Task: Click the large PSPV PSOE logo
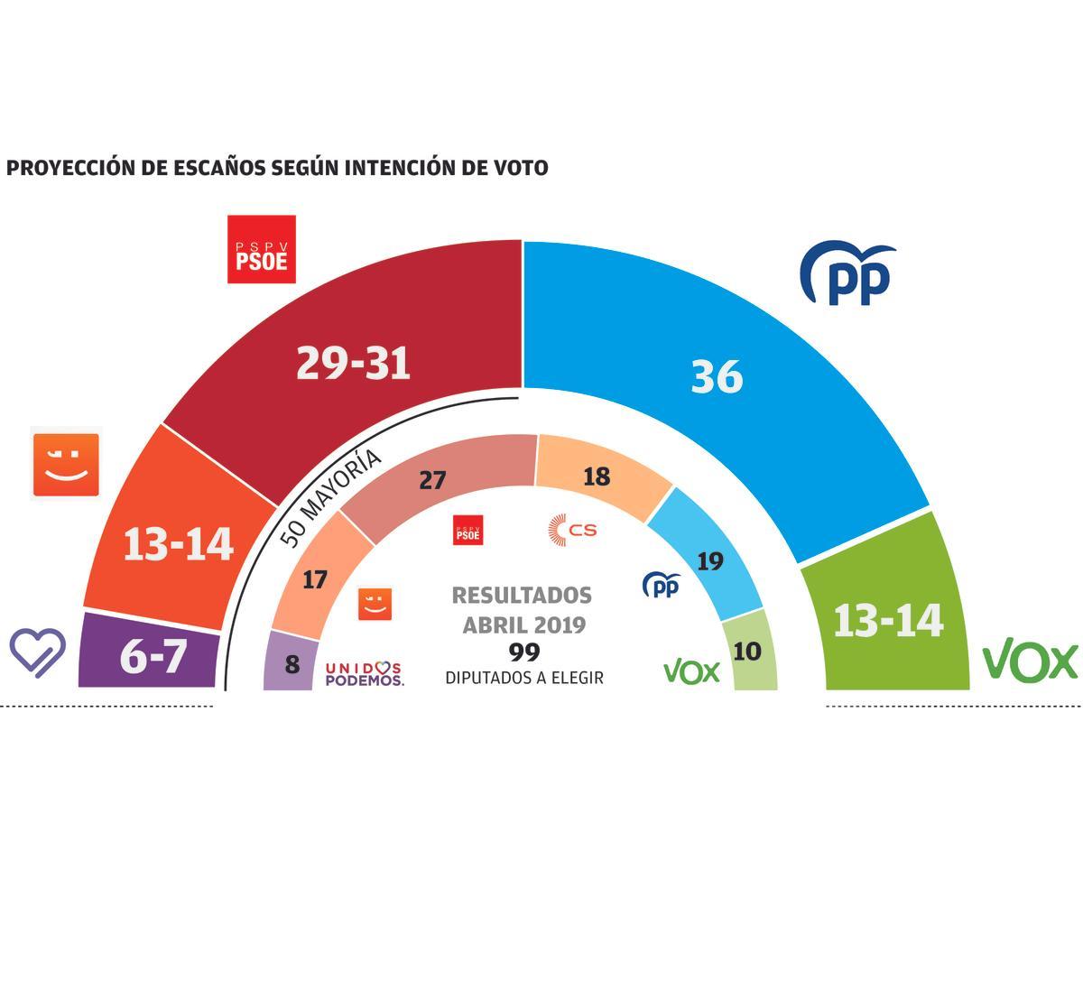pyautogui.click(x=262, y=249)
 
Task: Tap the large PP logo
pyautogui.click(x=847, y=273)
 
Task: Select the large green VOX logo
pyautogui.click(x=1030, y=661)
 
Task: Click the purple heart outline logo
pyautogui.click(x=38, y=652)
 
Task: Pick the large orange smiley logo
pyautogui.click(x=66, y=463)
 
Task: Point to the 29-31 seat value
pyautogui.click(x=353, y=364)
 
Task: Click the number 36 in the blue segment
pyautogui.click(x=717, y=376)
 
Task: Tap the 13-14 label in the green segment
pyautogui.click(x=888, y=621)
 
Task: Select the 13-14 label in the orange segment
pyautogui.click(x=178, y=545)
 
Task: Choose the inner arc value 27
pyautogui.click(x=433, y=480)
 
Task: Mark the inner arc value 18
pyautogui.click(x=597, y=476)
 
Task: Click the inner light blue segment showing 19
pyautogui.click(x=710, y=561)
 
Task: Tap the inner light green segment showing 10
pyautogui.click(x=748, y=652)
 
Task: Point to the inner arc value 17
pyautogui.click(x=314, y=579)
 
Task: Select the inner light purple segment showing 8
pyautogui.click(x=292, y=664)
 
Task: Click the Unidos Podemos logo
pyautogui.click(x=365, y=673)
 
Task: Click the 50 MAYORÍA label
pyautogui.click(x=330, y=498)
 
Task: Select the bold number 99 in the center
pyautogui.click(x=523, y=652)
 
